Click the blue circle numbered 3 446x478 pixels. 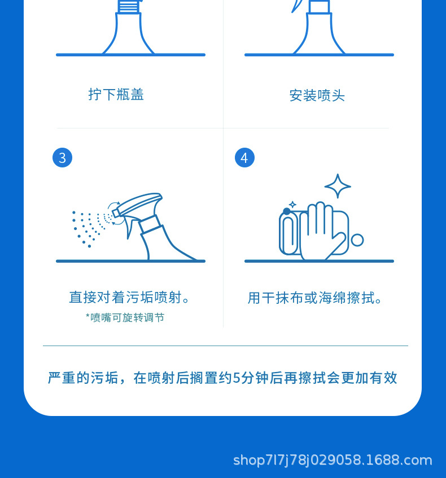click(62, 158)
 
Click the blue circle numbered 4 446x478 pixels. click(244, 158)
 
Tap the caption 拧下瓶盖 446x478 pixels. click(116, 94)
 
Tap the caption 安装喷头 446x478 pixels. click(317, 95)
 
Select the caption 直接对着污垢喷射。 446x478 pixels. click(131, 297)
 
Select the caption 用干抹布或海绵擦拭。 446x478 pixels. click(317, 298)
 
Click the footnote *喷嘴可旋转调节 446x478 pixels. click(125, 317)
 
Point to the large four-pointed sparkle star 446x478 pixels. click(338, 186)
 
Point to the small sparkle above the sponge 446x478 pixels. click(292, 205)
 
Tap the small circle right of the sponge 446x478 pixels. click(357, 240)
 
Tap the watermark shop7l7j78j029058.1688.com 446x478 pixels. click(333, 460)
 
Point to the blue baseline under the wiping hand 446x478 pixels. click(319, 261)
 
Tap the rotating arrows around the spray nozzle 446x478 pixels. click(115, 214)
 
